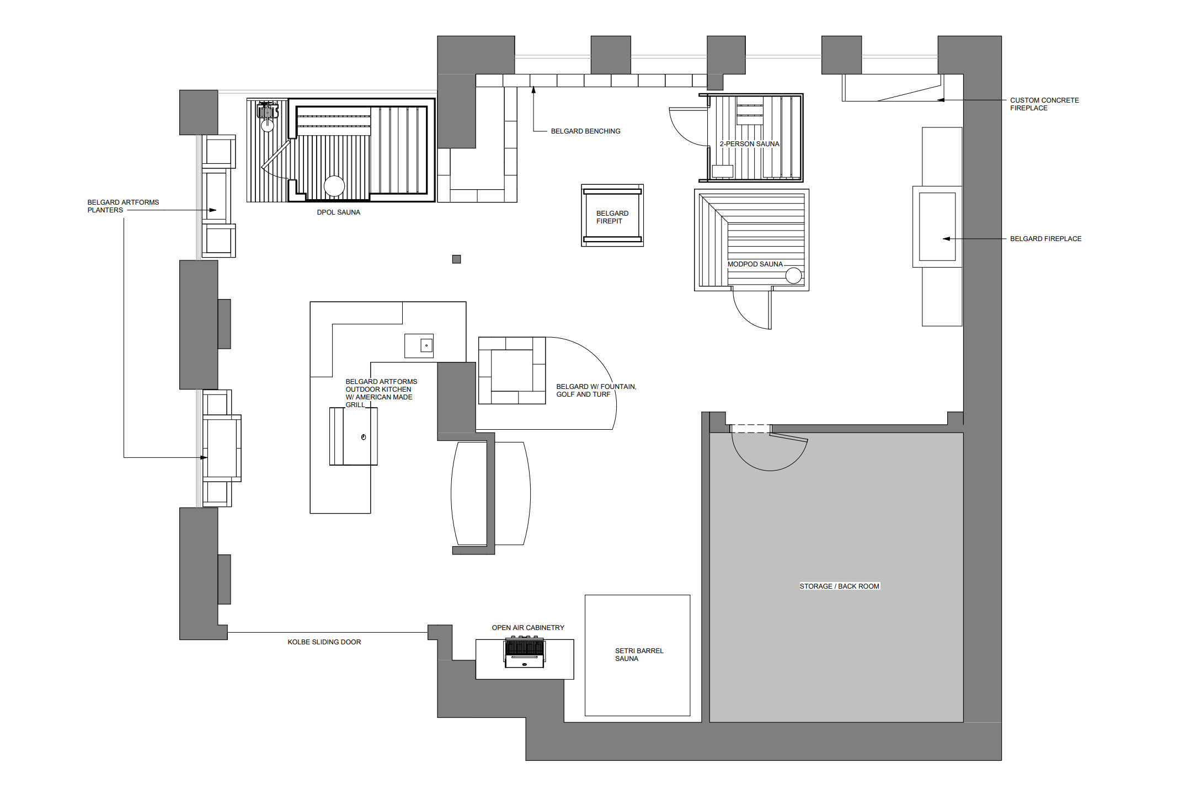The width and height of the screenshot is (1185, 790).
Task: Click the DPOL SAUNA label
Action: point(338,212)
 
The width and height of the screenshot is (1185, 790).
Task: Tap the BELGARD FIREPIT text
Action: point(612,217)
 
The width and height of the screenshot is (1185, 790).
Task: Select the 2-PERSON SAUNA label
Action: point(749,144)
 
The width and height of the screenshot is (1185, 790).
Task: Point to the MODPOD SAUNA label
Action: point(755,264)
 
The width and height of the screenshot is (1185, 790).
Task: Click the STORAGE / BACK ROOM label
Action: point(839,586)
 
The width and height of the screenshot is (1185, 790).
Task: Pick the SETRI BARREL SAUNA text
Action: point(639,655)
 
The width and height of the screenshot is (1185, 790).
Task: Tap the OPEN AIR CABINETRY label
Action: point(528,628)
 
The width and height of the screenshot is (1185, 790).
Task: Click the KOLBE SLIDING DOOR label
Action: point(324,642)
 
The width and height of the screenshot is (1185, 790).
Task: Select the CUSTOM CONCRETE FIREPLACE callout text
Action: point(1044,104)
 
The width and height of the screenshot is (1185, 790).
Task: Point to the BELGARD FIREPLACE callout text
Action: point(1045,239)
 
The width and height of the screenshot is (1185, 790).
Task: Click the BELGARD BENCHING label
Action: point(585,131)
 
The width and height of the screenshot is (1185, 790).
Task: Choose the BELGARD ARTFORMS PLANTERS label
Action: point(123,206)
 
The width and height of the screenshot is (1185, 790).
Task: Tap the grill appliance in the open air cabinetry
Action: point(525,652)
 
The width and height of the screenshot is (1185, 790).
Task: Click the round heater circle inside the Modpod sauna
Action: point(793,275)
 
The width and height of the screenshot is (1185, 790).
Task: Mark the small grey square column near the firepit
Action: point(456,259)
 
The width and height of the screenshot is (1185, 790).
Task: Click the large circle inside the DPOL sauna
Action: point(334,186)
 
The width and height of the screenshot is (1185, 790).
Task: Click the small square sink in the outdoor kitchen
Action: point(426,346)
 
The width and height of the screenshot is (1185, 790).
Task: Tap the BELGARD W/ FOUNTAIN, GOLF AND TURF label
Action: point(596,391)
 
